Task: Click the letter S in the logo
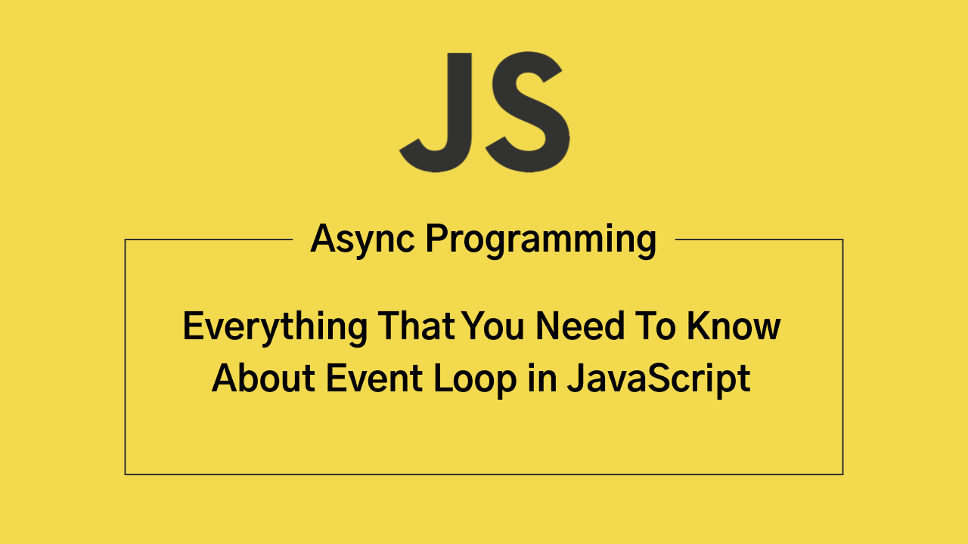pyautogui.click(x=528, y=111)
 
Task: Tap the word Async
pyautogui.click(x=362, y=240)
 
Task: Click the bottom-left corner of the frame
pyautogui.click(x=126, y=474)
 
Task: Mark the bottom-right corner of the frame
pyautogui.click(x=842, y=474)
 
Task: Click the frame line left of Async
pyautogui.click(x=209, y=240)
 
